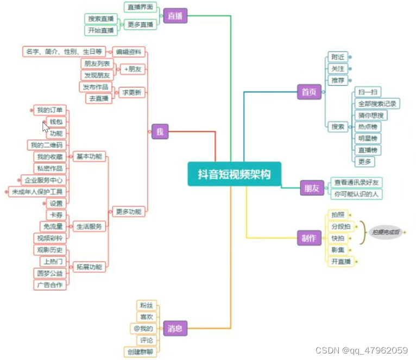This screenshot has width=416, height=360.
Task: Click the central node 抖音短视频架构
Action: [x=234, y=174]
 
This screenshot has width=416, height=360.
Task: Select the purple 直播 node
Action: [x=175, y=16]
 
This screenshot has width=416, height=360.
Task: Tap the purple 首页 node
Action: [x=308, y=92]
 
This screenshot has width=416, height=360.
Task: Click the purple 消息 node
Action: [x=174, y=327]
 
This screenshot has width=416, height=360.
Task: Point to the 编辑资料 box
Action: [x=129, y=52]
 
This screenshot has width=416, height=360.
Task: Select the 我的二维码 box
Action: [x=46, y=145]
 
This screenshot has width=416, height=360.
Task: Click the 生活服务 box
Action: [x=89, y=226]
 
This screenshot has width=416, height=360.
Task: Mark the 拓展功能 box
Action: [x=89, y=267]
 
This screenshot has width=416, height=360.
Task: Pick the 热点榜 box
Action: [x=369, y=127]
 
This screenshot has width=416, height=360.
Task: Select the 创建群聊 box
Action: [x=140, y=352]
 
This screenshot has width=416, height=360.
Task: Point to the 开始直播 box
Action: [x=100, y=30]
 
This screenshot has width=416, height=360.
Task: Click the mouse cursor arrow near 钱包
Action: [x=46, y=127]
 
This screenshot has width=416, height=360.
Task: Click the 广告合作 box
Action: [x=49, y=285]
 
